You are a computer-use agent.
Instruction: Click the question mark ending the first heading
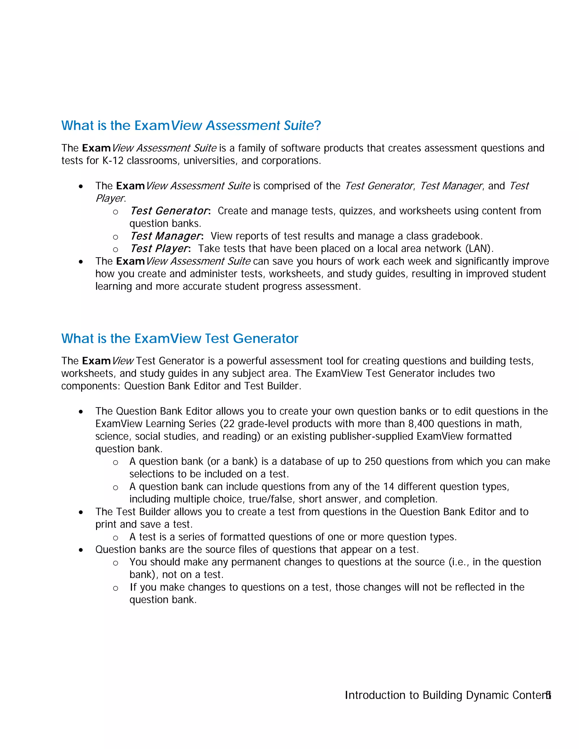(317, 125)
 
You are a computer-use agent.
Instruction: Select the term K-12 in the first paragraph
(113, 161)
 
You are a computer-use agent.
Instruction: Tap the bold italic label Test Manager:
(167, 236)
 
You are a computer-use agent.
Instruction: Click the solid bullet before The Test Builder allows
(81, 512)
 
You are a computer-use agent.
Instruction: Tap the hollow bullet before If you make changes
(116, 588)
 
